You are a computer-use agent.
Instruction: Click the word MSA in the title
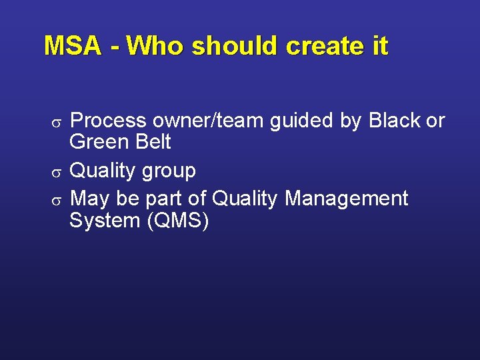click(x=73, y=47)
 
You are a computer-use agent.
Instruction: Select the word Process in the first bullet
click(x=108, y=121)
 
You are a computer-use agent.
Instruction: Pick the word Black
click(x=395, y=121)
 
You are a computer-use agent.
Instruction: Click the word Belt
click(x=153, y=142)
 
